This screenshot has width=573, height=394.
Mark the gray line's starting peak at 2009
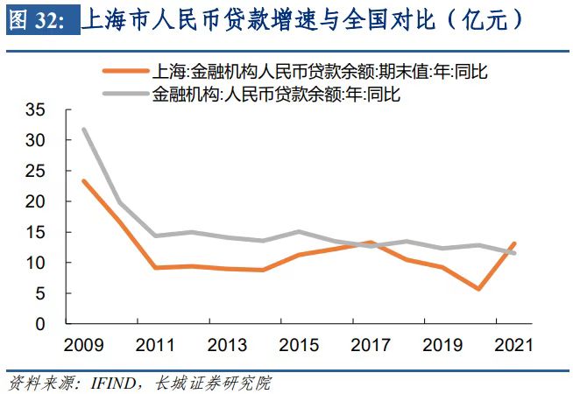click(x=84, y=130)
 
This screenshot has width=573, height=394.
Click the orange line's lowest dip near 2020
click(x=478, y=289)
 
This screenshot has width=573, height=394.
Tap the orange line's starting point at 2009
click(x=84, y=181)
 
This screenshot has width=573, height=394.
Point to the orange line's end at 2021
click(x=514, y=243)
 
